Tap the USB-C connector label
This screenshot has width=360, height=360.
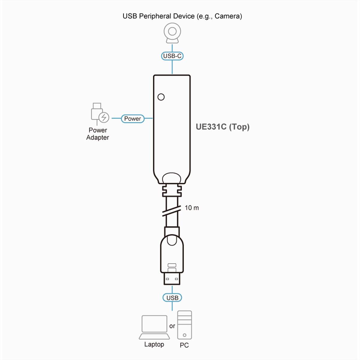172,56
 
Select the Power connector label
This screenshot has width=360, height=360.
132,119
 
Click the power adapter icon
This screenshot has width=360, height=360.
99,114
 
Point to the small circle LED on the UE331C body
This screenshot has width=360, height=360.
161,97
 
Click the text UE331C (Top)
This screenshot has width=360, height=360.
223,127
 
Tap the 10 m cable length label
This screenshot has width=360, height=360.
192,208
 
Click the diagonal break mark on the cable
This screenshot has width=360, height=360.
172,211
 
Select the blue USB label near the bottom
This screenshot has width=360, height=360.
172,298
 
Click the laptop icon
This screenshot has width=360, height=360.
154,327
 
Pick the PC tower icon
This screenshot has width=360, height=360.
184,325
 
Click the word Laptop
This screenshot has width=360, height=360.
154,344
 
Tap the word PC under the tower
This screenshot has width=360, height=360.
184,345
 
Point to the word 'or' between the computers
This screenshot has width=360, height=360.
172,326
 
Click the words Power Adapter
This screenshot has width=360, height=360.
98,134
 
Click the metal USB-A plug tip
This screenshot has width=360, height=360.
172,278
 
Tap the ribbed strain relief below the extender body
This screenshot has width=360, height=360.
172,190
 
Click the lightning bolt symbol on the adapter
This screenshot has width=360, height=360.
104,117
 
